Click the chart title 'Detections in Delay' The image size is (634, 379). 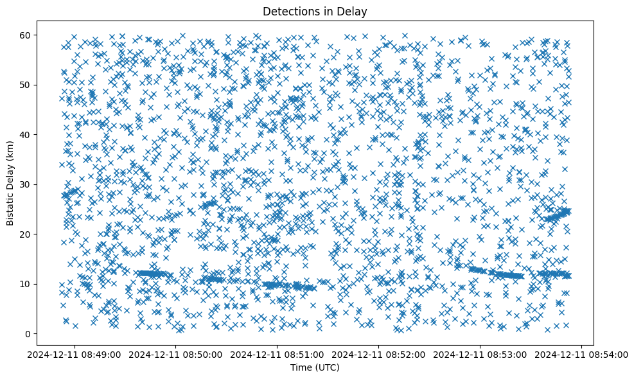pyautogui.click(x=315, y=11)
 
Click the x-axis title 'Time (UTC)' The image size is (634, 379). pyautogui.click(x=315, y=367)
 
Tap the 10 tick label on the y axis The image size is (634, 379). pyautogui.click(x=26, y=284)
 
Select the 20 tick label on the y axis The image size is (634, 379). pyautogui.click(x=26, y=234)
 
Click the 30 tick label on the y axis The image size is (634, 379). pyautogui.click(x=26, y=184)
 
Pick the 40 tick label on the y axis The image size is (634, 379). pyautogui.click(x=26, y=134)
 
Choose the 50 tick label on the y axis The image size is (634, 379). pyautogui.click(x=26, y=85)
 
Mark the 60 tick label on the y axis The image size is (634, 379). pyautogui.click(x=26, y=35)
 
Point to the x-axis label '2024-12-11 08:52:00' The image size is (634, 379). pyautogui.click(x=380, y=354)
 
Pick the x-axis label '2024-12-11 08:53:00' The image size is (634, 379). pyautogui.click(x=481, y=354)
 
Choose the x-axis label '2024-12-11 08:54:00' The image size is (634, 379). pyautogui.click(x=582, y=354)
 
